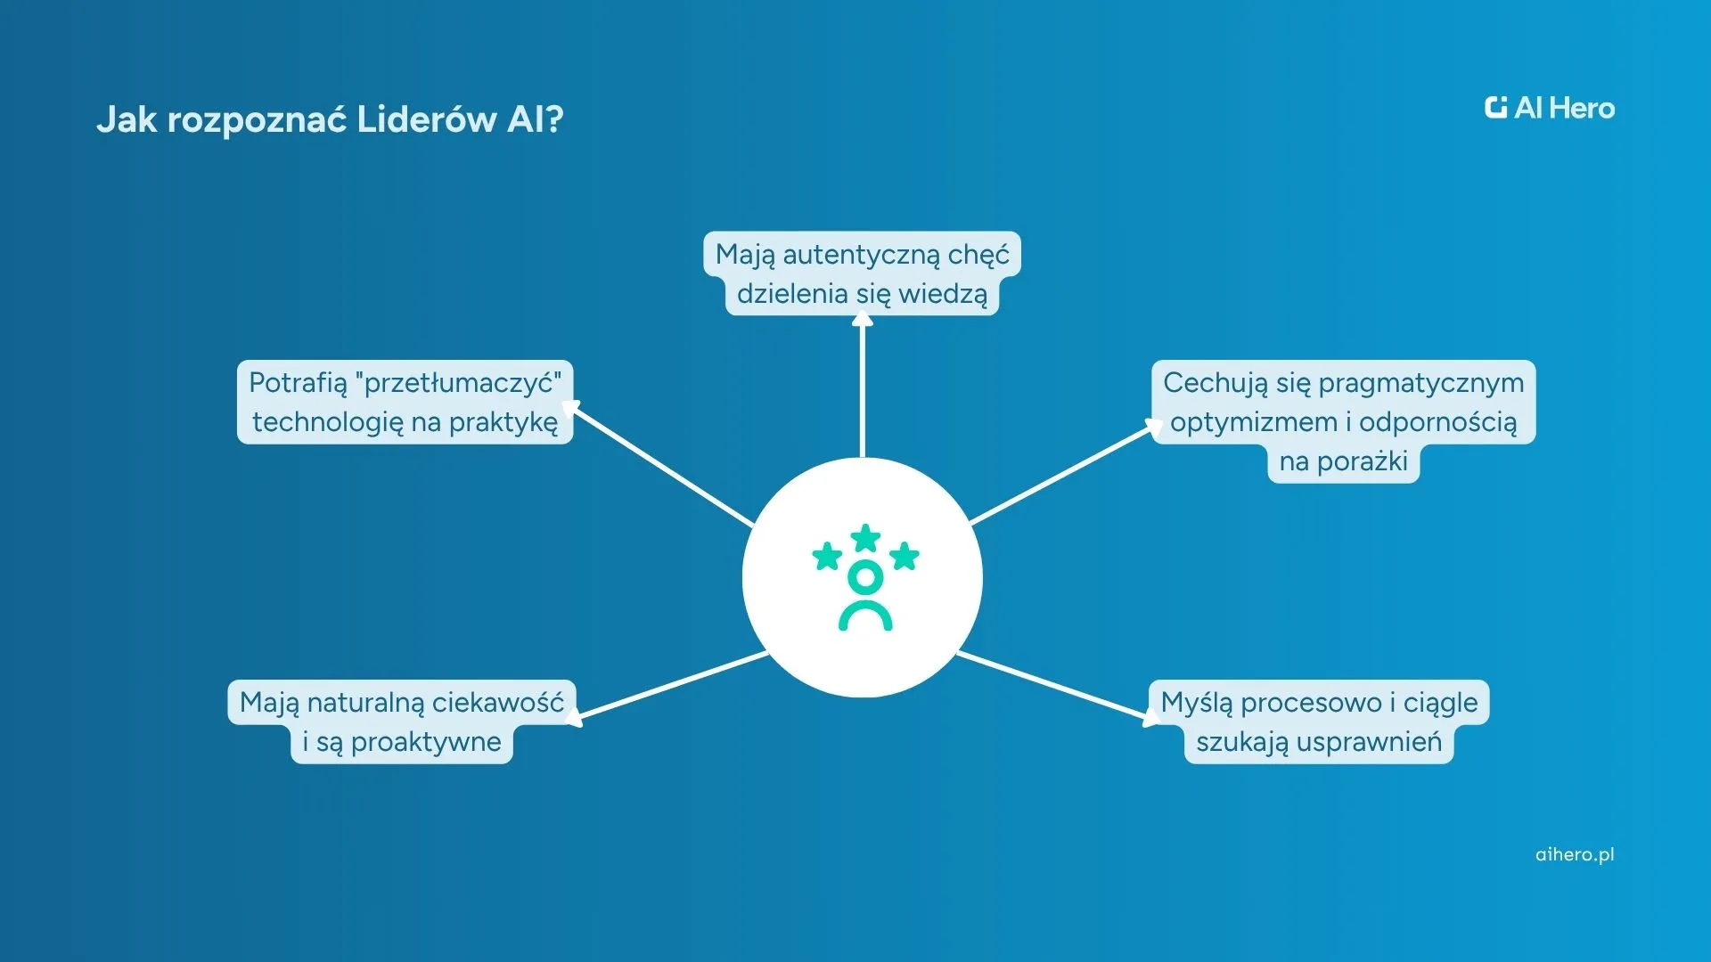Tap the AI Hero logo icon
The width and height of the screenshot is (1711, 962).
pos(1495,108)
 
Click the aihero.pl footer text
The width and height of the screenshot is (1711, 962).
pos(1575,854)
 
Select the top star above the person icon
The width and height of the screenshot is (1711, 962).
pos(865,537)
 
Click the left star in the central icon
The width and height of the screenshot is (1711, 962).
pos(827,557)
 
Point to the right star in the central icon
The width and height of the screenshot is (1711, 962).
pos(905,556)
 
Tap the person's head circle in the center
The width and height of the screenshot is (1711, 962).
pos(865,578)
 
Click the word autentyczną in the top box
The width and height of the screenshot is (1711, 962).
pos(862,255)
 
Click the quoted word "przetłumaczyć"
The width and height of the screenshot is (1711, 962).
pos(458,383)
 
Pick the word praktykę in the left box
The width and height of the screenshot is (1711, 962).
pos(503,422)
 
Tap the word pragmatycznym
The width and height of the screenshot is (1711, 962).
pos(1421,383)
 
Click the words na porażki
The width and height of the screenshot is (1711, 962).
pos(1343,461)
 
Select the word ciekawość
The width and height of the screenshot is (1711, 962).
pos(498,703)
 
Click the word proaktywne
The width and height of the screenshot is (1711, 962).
pos(426,742)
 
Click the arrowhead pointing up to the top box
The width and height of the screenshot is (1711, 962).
pos(862,319)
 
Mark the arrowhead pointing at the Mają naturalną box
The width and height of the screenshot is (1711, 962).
pos(574,717)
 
